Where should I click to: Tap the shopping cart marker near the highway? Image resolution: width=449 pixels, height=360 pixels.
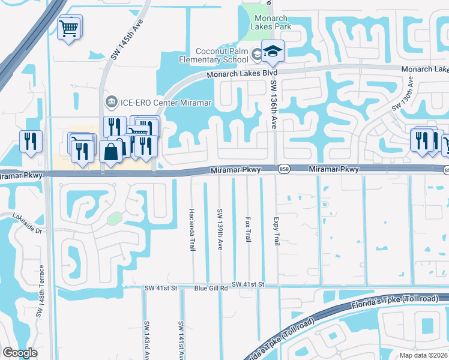[70, 27]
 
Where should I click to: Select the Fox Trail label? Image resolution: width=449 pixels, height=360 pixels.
[248, 229]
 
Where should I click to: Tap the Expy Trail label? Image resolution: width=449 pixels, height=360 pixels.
[277, 231]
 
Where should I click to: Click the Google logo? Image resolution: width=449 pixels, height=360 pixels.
[20, 353]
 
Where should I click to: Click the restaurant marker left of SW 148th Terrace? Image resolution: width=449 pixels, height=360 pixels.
[31, 142]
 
